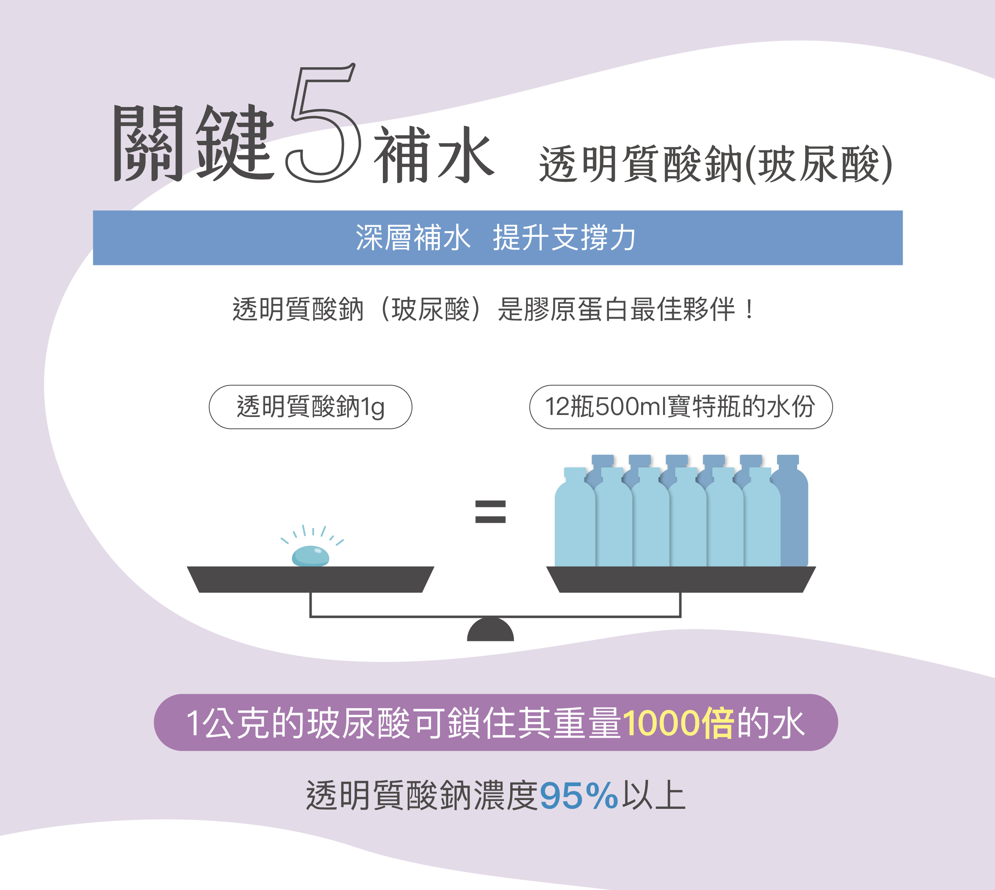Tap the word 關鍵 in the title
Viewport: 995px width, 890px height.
(x=193, y=143)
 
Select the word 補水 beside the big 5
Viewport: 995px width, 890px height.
(x=434, y=154)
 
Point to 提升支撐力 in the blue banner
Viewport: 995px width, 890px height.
(x=564, y=238)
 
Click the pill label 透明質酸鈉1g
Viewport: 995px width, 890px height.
(x=310, y=407)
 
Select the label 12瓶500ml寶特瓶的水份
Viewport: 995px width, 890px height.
(x=681, y=407)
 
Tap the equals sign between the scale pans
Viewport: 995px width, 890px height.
(x=490, y=512)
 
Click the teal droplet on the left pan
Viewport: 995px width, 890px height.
(x=310, y=556)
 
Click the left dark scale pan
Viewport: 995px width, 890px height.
(x=310, y=580)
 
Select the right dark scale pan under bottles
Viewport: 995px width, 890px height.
(x=681, y=580)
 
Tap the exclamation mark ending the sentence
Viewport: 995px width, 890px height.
(x=749, y=310)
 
